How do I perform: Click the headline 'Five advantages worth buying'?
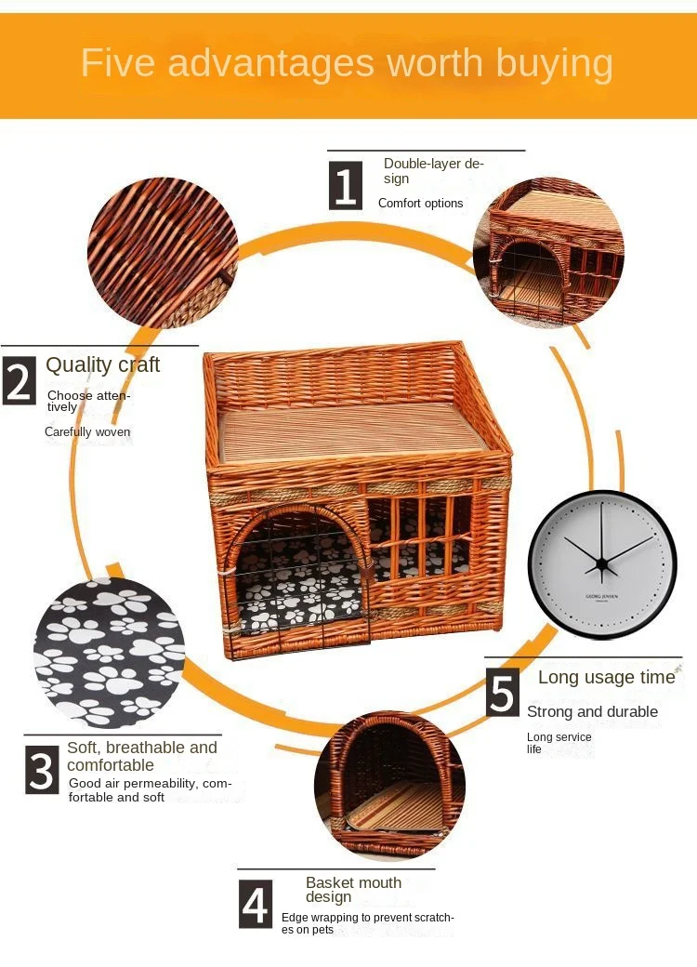coord(347,63)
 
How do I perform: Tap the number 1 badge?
coord(345,185)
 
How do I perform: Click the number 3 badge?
coord(42,772)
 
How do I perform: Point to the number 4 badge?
coord(256,904)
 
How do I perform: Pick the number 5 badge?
coord(503,694)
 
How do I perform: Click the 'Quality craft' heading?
coord(102,364)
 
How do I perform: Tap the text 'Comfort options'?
coord(420,203)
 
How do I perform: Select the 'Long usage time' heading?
coord(606,677)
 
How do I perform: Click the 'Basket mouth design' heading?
coord(353,890)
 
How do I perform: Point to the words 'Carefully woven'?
coord(87,431)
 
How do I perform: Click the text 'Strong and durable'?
coord(592,711)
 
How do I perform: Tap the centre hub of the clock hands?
coord(601,563)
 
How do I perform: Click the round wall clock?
coord(602,564)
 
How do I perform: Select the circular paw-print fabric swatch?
coord(109,652)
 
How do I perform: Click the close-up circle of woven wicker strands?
coord(162,253)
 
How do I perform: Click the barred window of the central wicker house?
coord(419,539)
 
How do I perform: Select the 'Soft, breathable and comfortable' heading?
coord(141,756)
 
